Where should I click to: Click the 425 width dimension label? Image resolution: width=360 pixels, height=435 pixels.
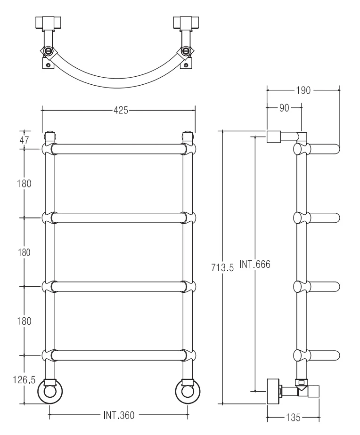click(121, 111)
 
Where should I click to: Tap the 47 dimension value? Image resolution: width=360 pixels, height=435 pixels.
click(24, 140)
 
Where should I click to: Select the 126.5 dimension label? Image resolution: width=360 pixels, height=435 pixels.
click(24, 380)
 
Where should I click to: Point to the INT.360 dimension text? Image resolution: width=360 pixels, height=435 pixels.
click(119, 415)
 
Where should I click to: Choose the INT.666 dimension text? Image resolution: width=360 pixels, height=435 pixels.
click(255, 264)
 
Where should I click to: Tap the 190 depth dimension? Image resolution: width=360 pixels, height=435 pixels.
click(303, 90)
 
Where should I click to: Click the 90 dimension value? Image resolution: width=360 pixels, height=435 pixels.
click(284, 108)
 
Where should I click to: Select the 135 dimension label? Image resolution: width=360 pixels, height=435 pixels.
click(293, 417)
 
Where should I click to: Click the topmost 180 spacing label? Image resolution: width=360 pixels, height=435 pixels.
click(24, 184)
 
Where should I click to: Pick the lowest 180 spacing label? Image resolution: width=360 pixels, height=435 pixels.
click(24, 321)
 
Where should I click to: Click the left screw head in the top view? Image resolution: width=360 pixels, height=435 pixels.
click(48, 51)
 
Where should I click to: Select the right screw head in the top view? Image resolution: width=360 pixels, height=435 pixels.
click(185, 51)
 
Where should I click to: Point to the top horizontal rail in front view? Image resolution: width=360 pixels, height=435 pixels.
click(118, 149)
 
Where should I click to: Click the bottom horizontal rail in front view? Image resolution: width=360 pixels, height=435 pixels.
click(118, 355)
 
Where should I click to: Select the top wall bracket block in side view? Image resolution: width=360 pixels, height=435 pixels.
click(274, 137)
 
